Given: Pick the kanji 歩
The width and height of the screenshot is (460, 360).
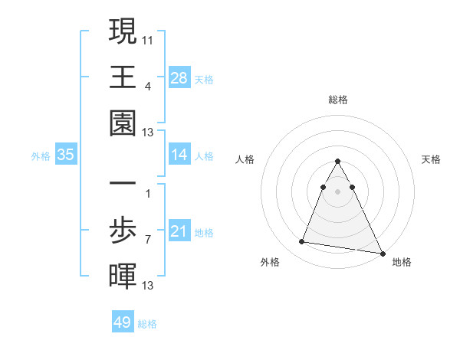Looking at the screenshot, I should click(123, 230).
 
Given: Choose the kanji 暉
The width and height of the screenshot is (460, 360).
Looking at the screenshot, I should click(123, 275).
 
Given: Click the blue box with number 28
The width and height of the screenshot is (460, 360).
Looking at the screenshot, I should click(179, 77).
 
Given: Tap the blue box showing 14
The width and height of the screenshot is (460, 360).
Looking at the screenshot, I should click(179, 155).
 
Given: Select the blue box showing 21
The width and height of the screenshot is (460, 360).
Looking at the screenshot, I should click(179, 231).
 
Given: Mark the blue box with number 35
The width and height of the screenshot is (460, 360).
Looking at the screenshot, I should click(66, 155).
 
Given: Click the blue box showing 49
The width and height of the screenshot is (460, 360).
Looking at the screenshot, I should click(123, 322).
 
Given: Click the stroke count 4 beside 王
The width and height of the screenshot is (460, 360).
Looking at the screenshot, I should click(147, 86).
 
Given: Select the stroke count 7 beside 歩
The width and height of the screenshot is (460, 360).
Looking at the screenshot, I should click(147, 239).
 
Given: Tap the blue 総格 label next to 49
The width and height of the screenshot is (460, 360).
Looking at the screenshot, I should click(148, 324).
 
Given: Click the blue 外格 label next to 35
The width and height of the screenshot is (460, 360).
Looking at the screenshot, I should click(41, 156).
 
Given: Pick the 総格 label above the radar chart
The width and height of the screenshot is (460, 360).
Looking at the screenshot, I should click(337, 100).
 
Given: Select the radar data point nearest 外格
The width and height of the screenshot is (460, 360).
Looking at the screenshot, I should click(302, 242).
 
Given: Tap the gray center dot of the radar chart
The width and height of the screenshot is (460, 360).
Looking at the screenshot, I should click(337, 191).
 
